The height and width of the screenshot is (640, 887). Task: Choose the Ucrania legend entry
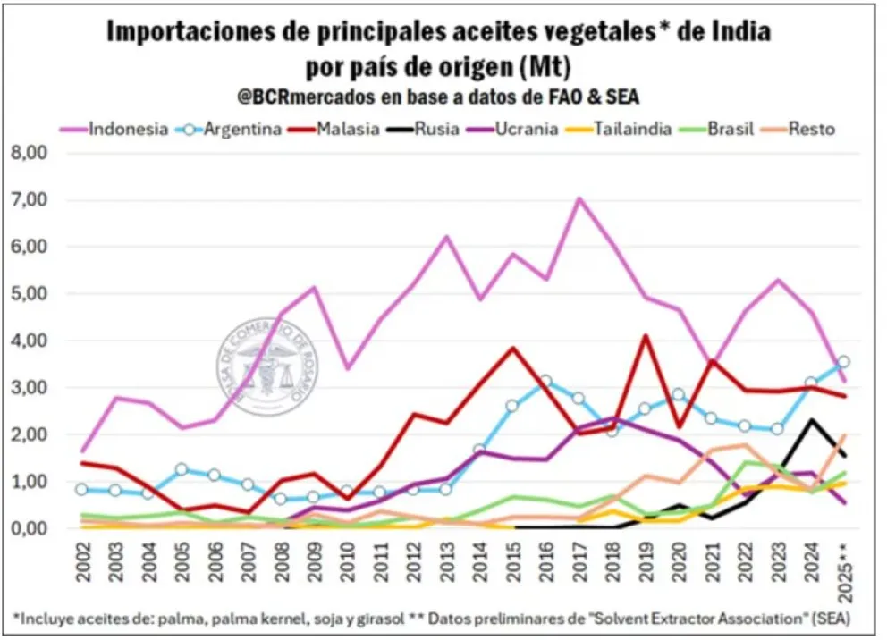point(525,129)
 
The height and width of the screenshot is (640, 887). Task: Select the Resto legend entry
point(811,129)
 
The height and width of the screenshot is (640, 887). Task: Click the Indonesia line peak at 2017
point(580,198)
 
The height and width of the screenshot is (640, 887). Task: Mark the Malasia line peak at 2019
point(645,336)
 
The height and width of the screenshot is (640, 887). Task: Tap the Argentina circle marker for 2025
point(842,362)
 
